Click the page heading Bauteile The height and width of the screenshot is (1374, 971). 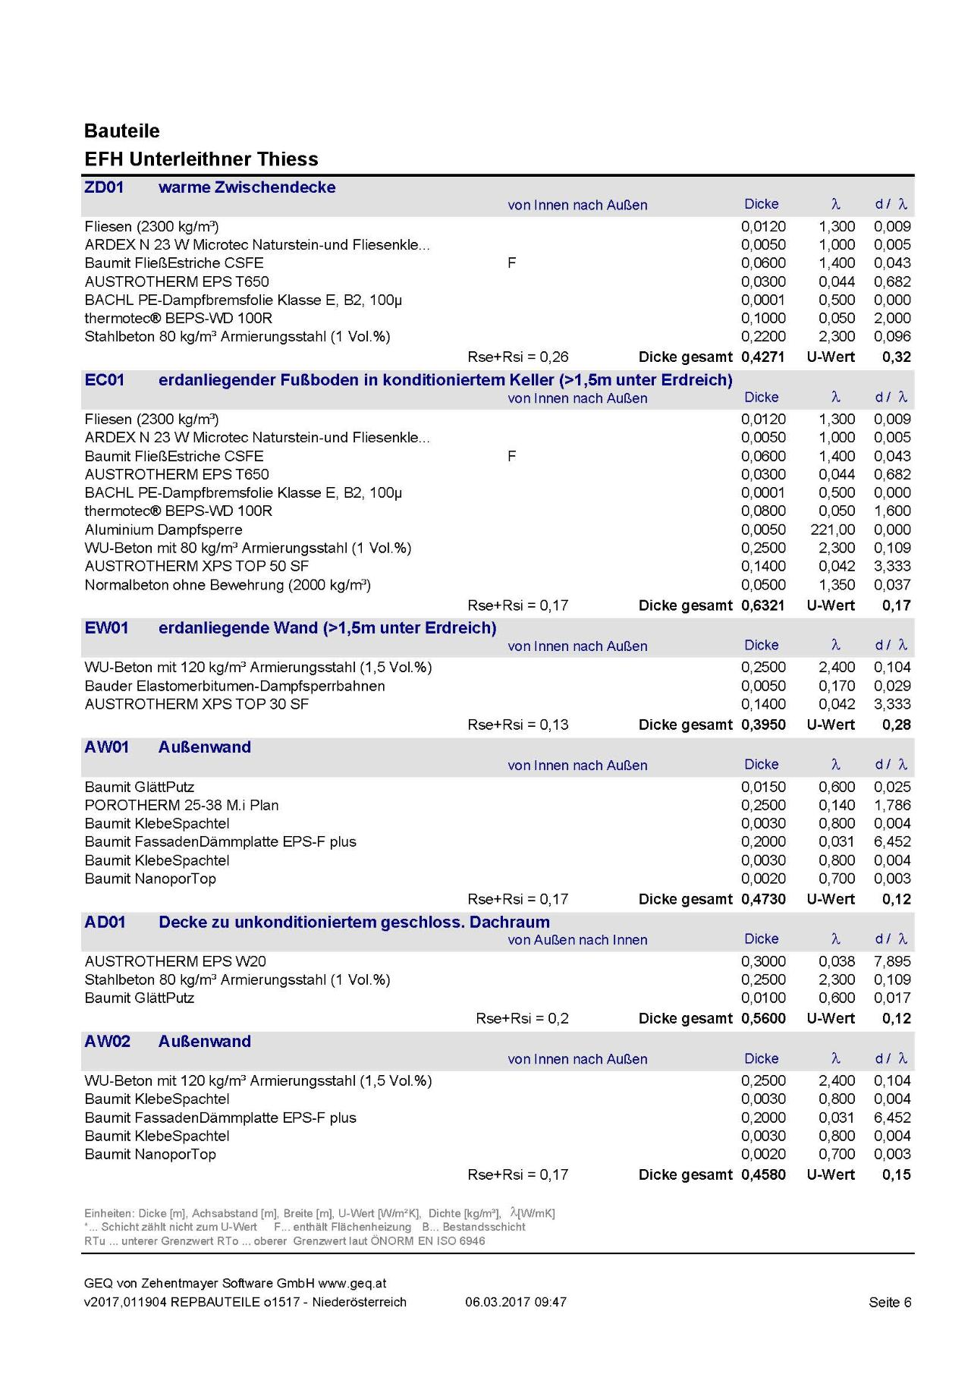pos(122,131)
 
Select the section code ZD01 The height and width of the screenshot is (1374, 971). pos(104,187)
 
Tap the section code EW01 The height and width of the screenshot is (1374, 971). pos(106,628)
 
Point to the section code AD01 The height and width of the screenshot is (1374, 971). pos(105,923)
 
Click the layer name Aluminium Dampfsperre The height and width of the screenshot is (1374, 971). pos(164,530)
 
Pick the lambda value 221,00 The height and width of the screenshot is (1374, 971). pos(832,530)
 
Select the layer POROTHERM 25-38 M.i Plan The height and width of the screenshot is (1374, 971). pos(181,805)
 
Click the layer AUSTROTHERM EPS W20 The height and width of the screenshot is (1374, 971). pos(175,961)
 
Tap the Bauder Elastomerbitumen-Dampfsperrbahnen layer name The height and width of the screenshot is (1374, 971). pos(234,686)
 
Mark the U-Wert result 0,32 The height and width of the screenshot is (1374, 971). pos(897,357)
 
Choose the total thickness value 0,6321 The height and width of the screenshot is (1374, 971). pos(763,605)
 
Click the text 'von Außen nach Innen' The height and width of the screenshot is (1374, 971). pos(577,940)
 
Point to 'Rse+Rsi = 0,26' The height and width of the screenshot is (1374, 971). pos(518,357)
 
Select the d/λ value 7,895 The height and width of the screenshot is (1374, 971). pos(892,961)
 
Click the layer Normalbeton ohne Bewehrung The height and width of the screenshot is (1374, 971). pos(228,585)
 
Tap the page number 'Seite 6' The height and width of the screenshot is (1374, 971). pos(890,1303)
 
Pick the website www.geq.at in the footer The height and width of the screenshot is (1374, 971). pos(352,1284)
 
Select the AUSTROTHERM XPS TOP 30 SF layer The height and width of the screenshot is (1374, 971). pos(196,704)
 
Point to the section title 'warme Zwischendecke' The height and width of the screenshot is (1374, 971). pos(247,187)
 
